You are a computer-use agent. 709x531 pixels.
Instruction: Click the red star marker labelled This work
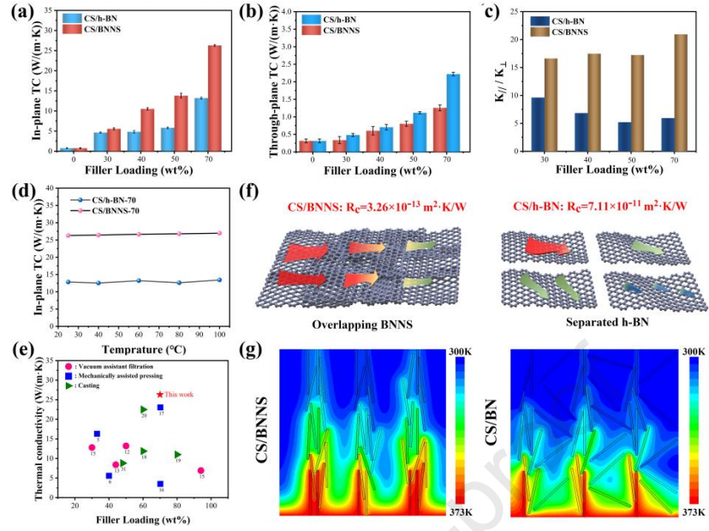[159, 395]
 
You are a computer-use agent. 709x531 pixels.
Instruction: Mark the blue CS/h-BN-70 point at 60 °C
[139, 280]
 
